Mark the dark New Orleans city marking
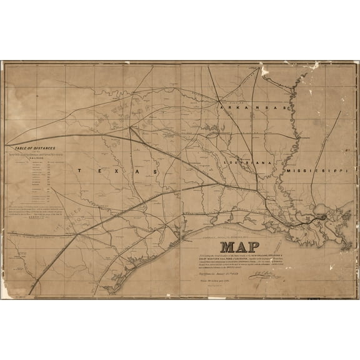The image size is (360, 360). click(x=309, y=218)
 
